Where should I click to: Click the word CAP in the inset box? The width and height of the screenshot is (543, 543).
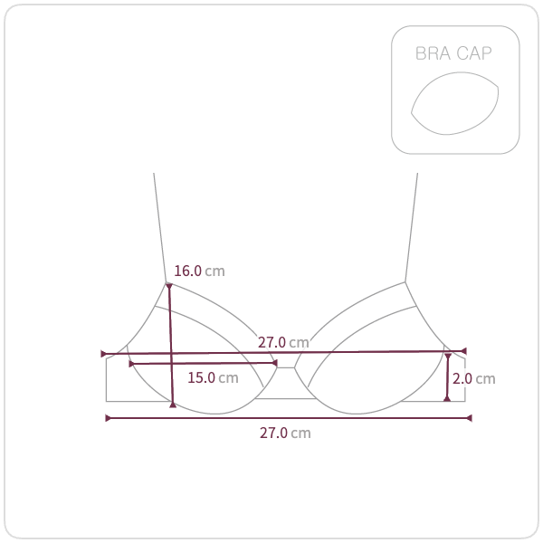pyautogui.click(x=473, y=53)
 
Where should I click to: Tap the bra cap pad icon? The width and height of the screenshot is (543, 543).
pyautogui.click(x=454, y=103)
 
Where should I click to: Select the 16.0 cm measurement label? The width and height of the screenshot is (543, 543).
pyautogui.click(x=199, y=271)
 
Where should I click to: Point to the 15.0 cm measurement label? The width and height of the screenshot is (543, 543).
pyautogui.click(x=213, y=377)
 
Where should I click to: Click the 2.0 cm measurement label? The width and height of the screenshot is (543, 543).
pyautogui.click(x=473, y=378)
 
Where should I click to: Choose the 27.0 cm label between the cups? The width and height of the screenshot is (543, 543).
pyautogui.click(x=283, y=342)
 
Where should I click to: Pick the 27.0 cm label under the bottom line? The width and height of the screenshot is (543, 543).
pyautogui.click(x=285, y=433)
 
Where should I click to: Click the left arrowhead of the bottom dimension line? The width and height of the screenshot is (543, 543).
pyautogui.click(x=108, y=418)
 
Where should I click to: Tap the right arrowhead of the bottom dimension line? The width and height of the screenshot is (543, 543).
pyautogui.click(x=469, y=418)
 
